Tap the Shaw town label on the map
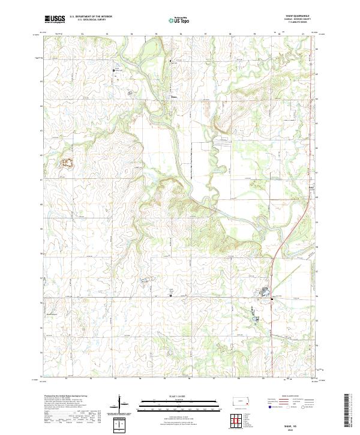pyautogui.click(x=175, y=95)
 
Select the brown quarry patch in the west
pyautogui.click(x=65, y=162)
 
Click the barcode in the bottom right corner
pyautogui.click(x=347, y=413)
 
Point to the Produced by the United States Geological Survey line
pyautogui.click(x=66, y=396)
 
